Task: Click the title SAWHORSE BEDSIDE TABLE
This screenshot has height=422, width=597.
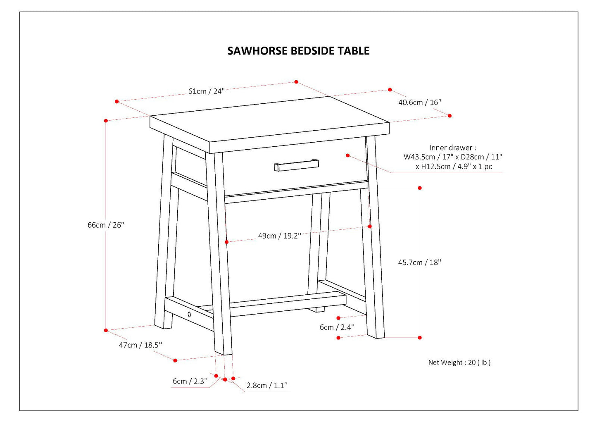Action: (298, 51)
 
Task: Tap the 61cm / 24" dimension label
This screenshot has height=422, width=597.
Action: (206, 91)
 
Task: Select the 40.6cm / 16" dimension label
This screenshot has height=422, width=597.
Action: (419, 102)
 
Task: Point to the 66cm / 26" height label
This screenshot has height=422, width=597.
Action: (105, 225)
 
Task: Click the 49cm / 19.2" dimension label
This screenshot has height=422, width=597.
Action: (279, 236)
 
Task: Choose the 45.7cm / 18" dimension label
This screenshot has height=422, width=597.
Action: (419, 262)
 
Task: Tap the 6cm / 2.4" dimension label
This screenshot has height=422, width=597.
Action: (337, 327)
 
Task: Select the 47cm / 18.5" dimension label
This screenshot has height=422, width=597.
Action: (140, 345)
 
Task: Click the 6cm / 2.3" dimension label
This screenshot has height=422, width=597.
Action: (190, 381)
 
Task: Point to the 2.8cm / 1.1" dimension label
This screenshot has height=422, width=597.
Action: (267, 385)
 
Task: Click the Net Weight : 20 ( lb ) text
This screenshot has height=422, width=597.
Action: (459, 362)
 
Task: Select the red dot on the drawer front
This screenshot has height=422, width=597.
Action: (348, 155)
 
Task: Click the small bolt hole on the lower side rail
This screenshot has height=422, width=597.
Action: (189, 315)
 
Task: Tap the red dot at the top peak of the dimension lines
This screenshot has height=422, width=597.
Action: (296, 82)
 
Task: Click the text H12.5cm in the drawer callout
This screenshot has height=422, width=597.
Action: (437, 167)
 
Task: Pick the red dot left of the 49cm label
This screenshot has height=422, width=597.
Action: (227, 242)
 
